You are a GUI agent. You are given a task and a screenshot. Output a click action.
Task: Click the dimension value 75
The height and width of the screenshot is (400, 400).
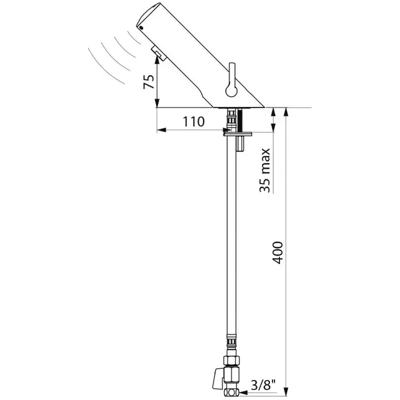coord(148,82)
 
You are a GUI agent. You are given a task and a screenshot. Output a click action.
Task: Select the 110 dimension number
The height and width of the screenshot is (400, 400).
coord(194,122)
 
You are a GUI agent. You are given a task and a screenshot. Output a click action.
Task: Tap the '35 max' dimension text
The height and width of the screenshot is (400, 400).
coord(266,169)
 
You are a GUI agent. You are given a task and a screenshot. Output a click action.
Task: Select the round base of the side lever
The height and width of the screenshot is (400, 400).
coord(230,91)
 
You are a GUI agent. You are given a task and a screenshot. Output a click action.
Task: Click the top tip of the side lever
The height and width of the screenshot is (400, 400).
coord(232,66)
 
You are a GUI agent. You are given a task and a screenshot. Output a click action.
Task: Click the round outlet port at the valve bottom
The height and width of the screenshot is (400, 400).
coord(232,394)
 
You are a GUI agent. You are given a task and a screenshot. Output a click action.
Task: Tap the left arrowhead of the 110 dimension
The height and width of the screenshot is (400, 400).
coord(160,131)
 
